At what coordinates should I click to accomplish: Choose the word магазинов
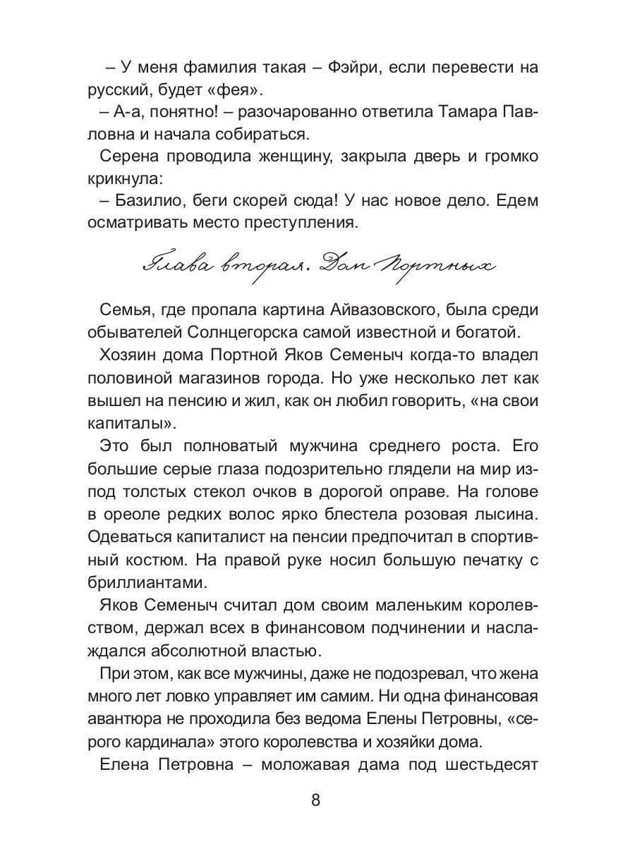213,378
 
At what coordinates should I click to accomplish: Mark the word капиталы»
130,422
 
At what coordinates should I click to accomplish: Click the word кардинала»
178,742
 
